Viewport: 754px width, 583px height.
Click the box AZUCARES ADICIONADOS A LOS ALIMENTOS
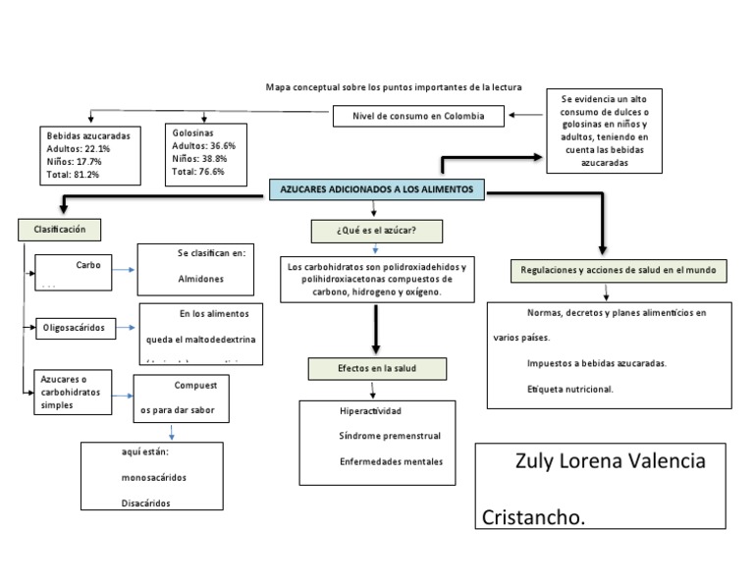377,189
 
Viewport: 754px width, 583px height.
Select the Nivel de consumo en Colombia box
420,117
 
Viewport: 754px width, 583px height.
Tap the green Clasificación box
60,229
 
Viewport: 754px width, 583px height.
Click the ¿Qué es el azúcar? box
375,231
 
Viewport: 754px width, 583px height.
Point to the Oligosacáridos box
74,326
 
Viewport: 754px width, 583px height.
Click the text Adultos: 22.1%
79,148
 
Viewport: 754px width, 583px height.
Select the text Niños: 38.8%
199,158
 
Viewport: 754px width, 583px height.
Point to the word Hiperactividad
371,410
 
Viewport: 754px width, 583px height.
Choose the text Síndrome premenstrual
390,436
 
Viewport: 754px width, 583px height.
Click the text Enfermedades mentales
391,461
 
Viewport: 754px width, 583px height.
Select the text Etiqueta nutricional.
569,389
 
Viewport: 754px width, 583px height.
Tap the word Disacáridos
139,503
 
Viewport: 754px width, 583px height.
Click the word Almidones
200,279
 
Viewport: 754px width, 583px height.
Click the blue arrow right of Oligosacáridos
124,326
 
